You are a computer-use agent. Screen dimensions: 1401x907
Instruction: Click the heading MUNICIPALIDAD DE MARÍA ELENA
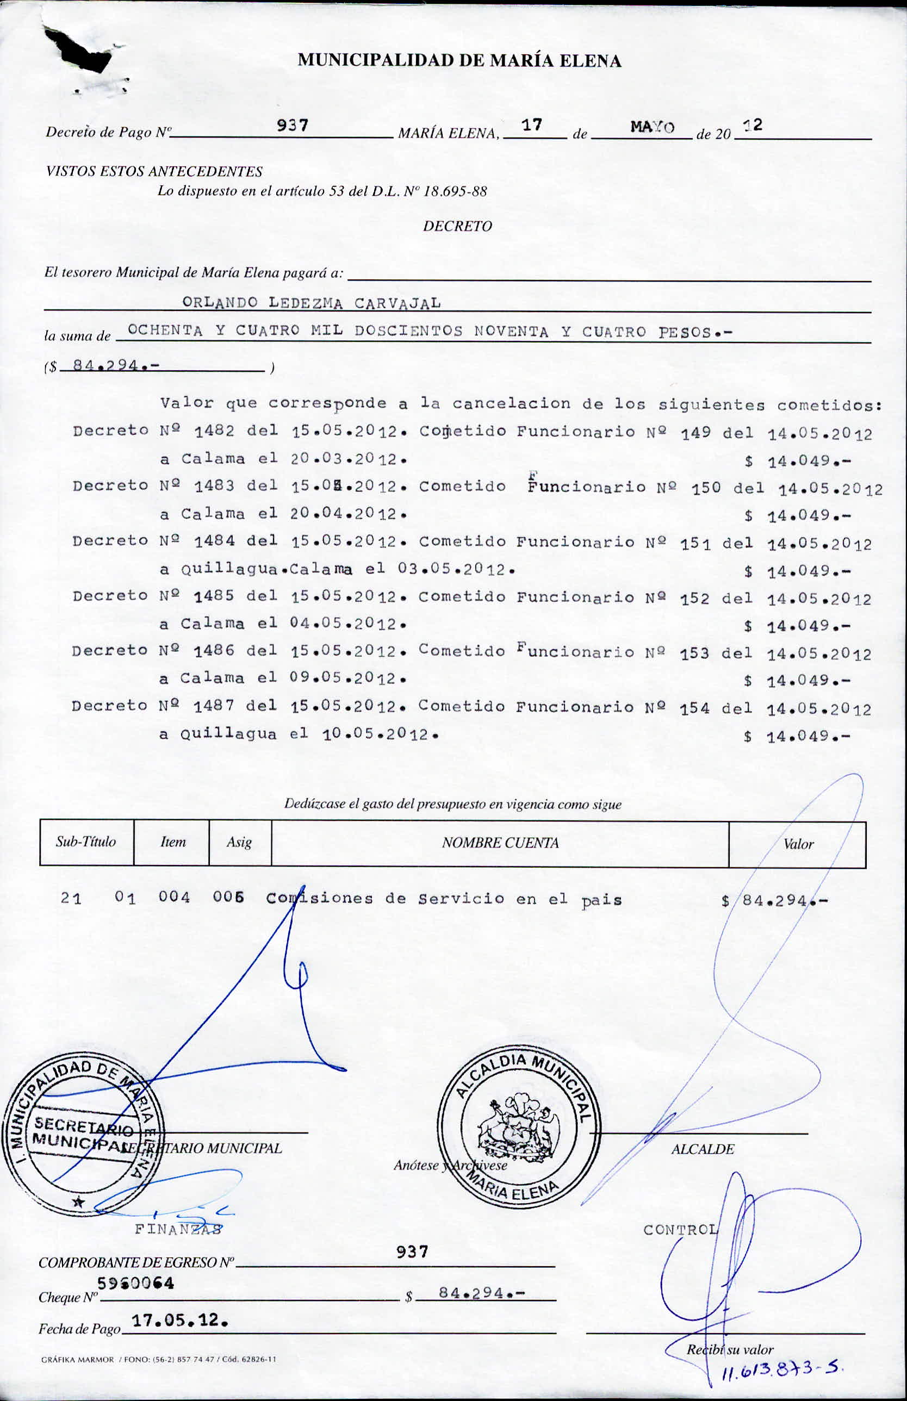[459, 61]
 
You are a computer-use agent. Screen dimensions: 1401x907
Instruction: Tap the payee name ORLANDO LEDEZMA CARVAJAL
[311, 303]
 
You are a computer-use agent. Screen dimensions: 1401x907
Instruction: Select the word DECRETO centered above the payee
[457, 226]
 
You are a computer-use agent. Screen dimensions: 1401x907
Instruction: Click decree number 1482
[214, 431]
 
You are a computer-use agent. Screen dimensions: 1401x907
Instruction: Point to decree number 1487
[214, 706]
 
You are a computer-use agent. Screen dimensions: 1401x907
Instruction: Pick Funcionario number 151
[695, 544]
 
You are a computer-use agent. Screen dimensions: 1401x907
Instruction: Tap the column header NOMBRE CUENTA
[500, 843]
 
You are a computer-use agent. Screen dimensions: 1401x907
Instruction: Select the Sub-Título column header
[86, 842]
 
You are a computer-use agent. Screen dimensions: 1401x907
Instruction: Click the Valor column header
[798, 844]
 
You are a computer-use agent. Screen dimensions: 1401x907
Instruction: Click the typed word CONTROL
[681, 1230]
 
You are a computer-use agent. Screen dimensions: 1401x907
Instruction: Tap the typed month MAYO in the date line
[652, 127]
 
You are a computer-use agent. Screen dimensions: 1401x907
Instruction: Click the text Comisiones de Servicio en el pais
[444, 899]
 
